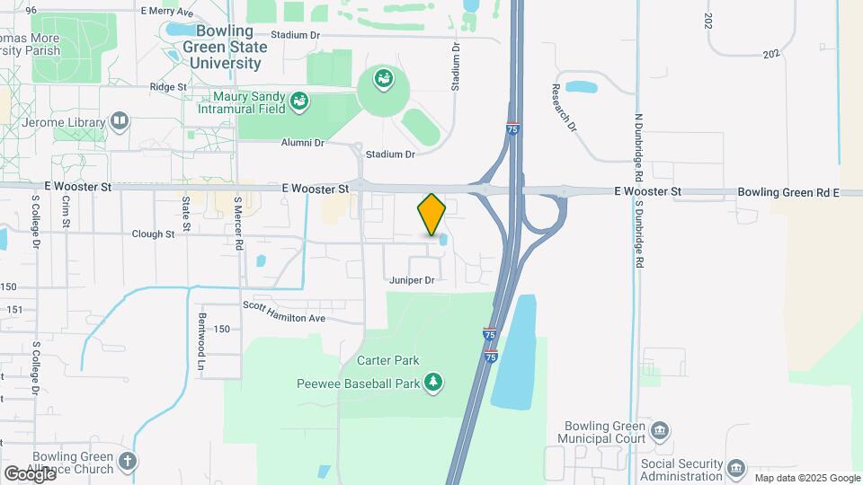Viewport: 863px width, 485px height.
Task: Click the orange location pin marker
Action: (431, 215)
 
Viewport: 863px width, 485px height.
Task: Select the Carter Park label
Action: (388, 360)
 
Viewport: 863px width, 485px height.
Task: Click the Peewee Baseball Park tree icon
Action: (434, 383)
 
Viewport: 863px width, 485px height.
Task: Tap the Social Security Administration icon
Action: (736, 468)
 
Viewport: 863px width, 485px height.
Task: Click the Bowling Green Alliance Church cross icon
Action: (128, 463)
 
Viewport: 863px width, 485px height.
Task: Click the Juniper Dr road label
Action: (412, 280)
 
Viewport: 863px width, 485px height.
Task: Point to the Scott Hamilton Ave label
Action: (283, 318)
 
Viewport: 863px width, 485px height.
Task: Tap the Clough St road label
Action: (153, 234)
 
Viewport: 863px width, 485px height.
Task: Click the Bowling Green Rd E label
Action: (787, 192)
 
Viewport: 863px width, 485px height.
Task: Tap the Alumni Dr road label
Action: (301, 143)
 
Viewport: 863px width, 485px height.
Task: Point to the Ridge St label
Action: (168, 87)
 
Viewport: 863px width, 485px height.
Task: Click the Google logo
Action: (30, 474)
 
